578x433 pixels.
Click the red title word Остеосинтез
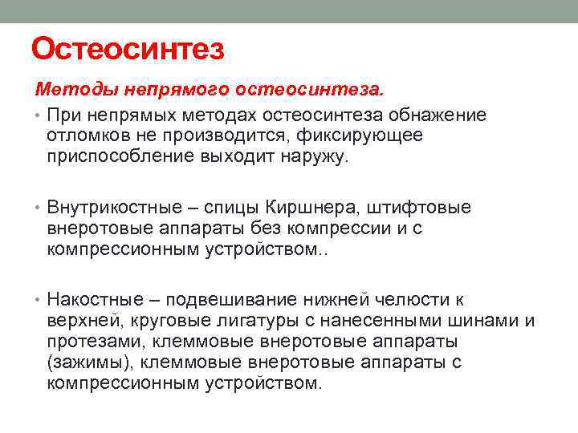(128, 50)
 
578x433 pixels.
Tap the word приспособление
(117, 156)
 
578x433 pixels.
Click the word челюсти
(410, 300)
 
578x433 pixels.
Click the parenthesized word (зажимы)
(85, 362)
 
